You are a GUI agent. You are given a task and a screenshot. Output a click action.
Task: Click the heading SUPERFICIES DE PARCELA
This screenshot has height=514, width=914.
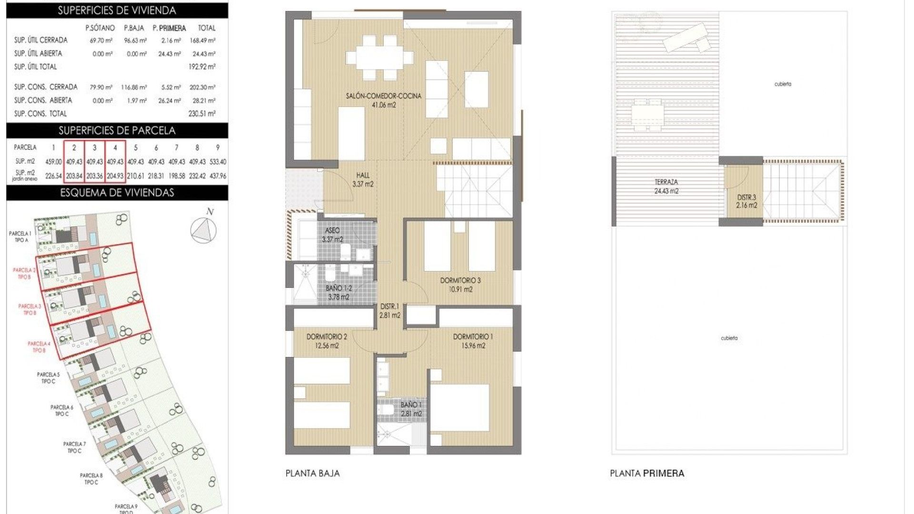[117, 130]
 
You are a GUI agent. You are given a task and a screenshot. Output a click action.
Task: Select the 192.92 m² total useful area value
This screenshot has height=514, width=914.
[202, 67]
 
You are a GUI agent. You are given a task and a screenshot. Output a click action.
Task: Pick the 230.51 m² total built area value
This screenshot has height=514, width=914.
[202, 113]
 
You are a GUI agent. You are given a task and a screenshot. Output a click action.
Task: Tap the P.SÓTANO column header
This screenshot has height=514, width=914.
[100, 28]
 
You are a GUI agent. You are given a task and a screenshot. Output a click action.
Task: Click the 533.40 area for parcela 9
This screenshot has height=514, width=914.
[218, 162]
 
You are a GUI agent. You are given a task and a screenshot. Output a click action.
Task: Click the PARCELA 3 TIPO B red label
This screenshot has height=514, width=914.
[30, 309]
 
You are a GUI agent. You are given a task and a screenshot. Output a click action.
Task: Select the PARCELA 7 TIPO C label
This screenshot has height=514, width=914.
[74, 447]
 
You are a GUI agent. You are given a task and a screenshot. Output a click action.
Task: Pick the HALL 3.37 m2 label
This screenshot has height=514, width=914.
[363, 180]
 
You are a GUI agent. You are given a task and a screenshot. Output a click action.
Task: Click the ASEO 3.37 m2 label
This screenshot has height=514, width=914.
[332, 235]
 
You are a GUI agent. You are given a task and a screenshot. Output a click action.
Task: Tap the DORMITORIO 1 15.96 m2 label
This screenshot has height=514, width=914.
[473, 341]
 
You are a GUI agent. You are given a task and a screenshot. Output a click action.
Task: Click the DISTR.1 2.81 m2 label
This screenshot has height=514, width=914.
[389, 311]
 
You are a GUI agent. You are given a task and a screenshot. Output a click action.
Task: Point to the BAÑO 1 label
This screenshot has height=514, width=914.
[411, 409]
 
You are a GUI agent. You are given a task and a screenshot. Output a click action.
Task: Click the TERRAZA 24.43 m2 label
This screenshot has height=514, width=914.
[666, 186]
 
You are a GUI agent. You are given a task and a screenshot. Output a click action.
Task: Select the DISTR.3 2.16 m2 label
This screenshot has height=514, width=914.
[746, 201]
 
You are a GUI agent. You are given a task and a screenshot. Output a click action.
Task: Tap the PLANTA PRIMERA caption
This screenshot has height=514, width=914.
[647, 473]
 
